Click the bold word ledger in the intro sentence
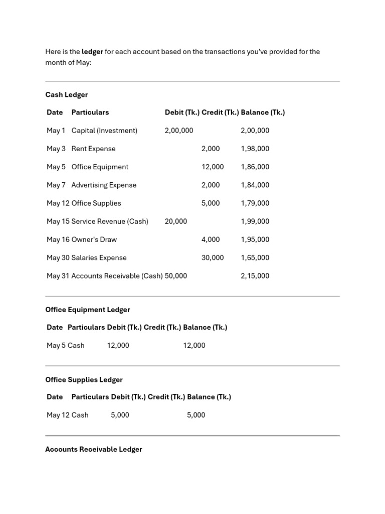92,52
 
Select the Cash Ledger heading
66,94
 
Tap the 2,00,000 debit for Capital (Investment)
178,131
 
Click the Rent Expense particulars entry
93,149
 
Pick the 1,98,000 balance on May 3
255,149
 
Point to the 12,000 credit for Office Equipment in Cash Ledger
213,167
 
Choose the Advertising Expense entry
104,185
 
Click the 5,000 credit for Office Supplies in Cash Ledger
211,203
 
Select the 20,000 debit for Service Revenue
175,221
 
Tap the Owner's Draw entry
94,239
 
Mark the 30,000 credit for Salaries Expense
213,258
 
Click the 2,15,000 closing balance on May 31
255,276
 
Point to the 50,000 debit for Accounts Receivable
175,276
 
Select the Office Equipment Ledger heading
87,310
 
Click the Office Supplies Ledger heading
84,379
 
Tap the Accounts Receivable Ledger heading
93,449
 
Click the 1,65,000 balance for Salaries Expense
255,258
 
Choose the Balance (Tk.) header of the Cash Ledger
263,112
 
